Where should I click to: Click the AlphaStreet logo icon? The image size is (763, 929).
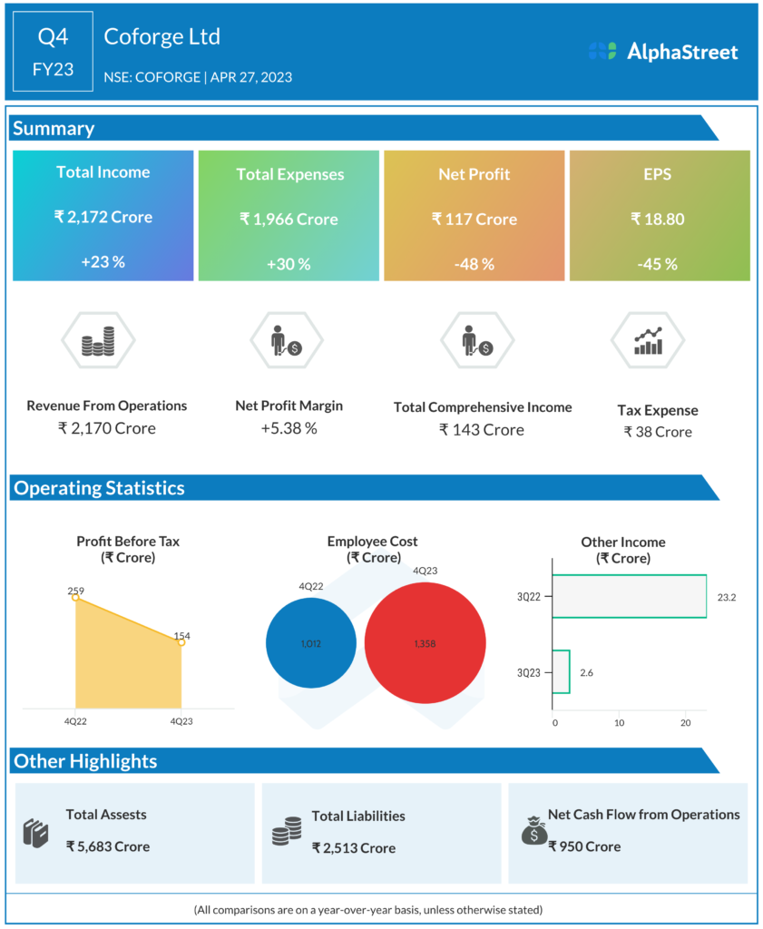[602, 52]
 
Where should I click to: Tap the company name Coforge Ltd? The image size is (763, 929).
[162, 37]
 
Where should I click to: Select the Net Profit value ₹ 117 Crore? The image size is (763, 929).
[474, 219]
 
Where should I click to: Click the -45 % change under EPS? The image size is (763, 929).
[658, 264]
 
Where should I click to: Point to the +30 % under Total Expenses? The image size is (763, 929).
[289, 264]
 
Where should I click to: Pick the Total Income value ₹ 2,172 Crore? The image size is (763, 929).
[103, 217]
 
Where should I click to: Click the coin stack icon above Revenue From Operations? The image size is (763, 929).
[98, 342]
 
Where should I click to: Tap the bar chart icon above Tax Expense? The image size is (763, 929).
[648, 341]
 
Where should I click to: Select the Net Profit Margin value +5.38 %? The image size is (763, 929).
[289, 428]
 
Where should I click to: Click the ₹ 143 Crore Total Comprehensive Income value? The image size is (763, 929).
[482, 429]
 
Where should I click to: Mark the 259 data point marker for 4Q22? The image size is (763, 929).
[75, 598]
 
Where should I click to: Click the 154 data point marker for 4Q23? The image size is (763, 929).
[181, 642]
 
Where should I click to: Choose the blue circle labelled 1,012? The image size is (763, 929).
[311, 643]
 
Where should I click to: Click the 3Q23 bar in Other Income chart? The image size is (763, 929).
[561, 672]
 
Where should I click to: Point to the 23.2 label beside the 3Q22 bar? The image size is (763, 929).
[725, 598]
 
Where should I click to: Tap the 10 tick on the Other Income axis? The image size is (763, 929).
[620, 723]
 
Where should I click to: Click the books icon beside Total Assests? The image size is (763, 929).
[35, 832]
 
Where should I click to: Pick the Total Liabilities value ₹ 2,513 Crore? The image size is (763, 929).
[354, 848]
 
